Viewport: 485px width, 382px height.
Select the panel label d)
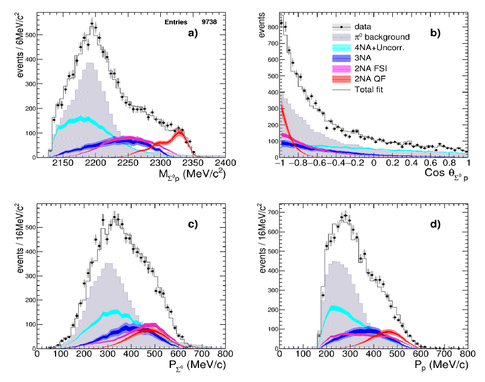(x=434, y=225)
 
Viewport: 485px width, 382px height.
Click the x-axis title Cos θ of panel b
(x=434, y=175)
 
